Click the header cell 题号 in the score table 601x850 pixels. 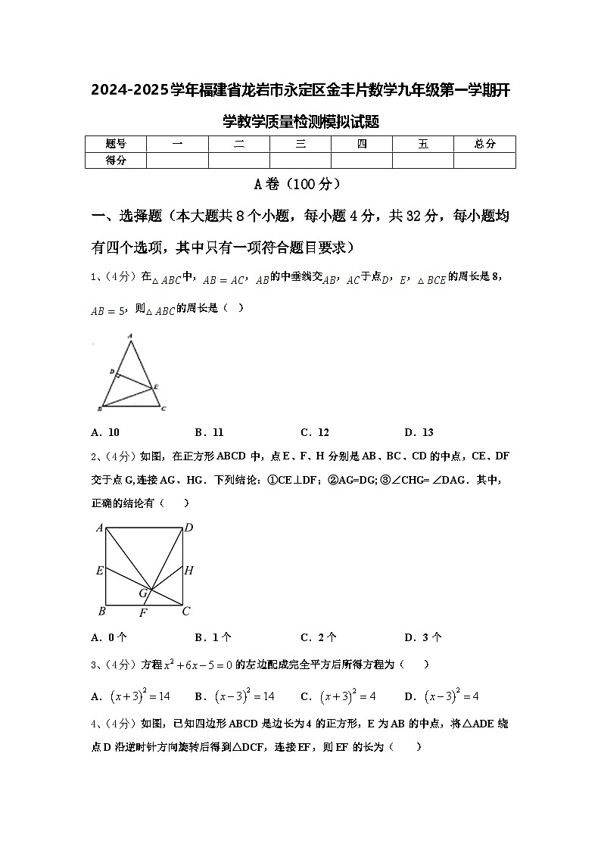tap(115, 144)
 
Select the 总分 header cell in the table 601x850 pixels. tap(484, 144)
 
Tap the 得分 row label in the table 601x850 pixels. tap(115, 160)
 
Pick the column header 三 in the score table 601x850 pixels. tap(300, 144)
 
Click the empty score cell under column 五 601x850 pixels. tap(423, 160)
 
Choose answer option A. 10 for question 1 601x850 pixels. tap(105, 432)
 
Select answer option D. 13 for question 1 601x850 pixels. tap(419, 432)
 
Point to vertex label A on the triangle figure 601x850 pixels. tap(130, 335)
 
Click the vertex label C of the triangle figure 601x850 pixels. tap(163, 409)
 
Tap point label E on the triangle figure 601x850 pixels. tap(156, 387)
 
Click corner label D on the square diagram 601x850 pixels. tap(188, 528)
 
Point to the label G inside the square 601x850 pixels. tap(142, 593)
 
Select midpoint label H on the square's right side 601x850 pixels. tap(189, 570)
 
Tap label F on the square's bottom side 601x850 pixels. tap(142, 612)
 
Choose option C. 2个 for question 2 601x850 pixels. tap(319, 637)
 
